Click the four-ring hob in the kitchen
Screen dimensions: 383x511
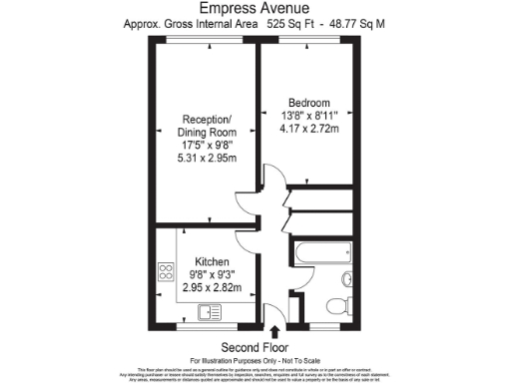pos(166,272)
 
